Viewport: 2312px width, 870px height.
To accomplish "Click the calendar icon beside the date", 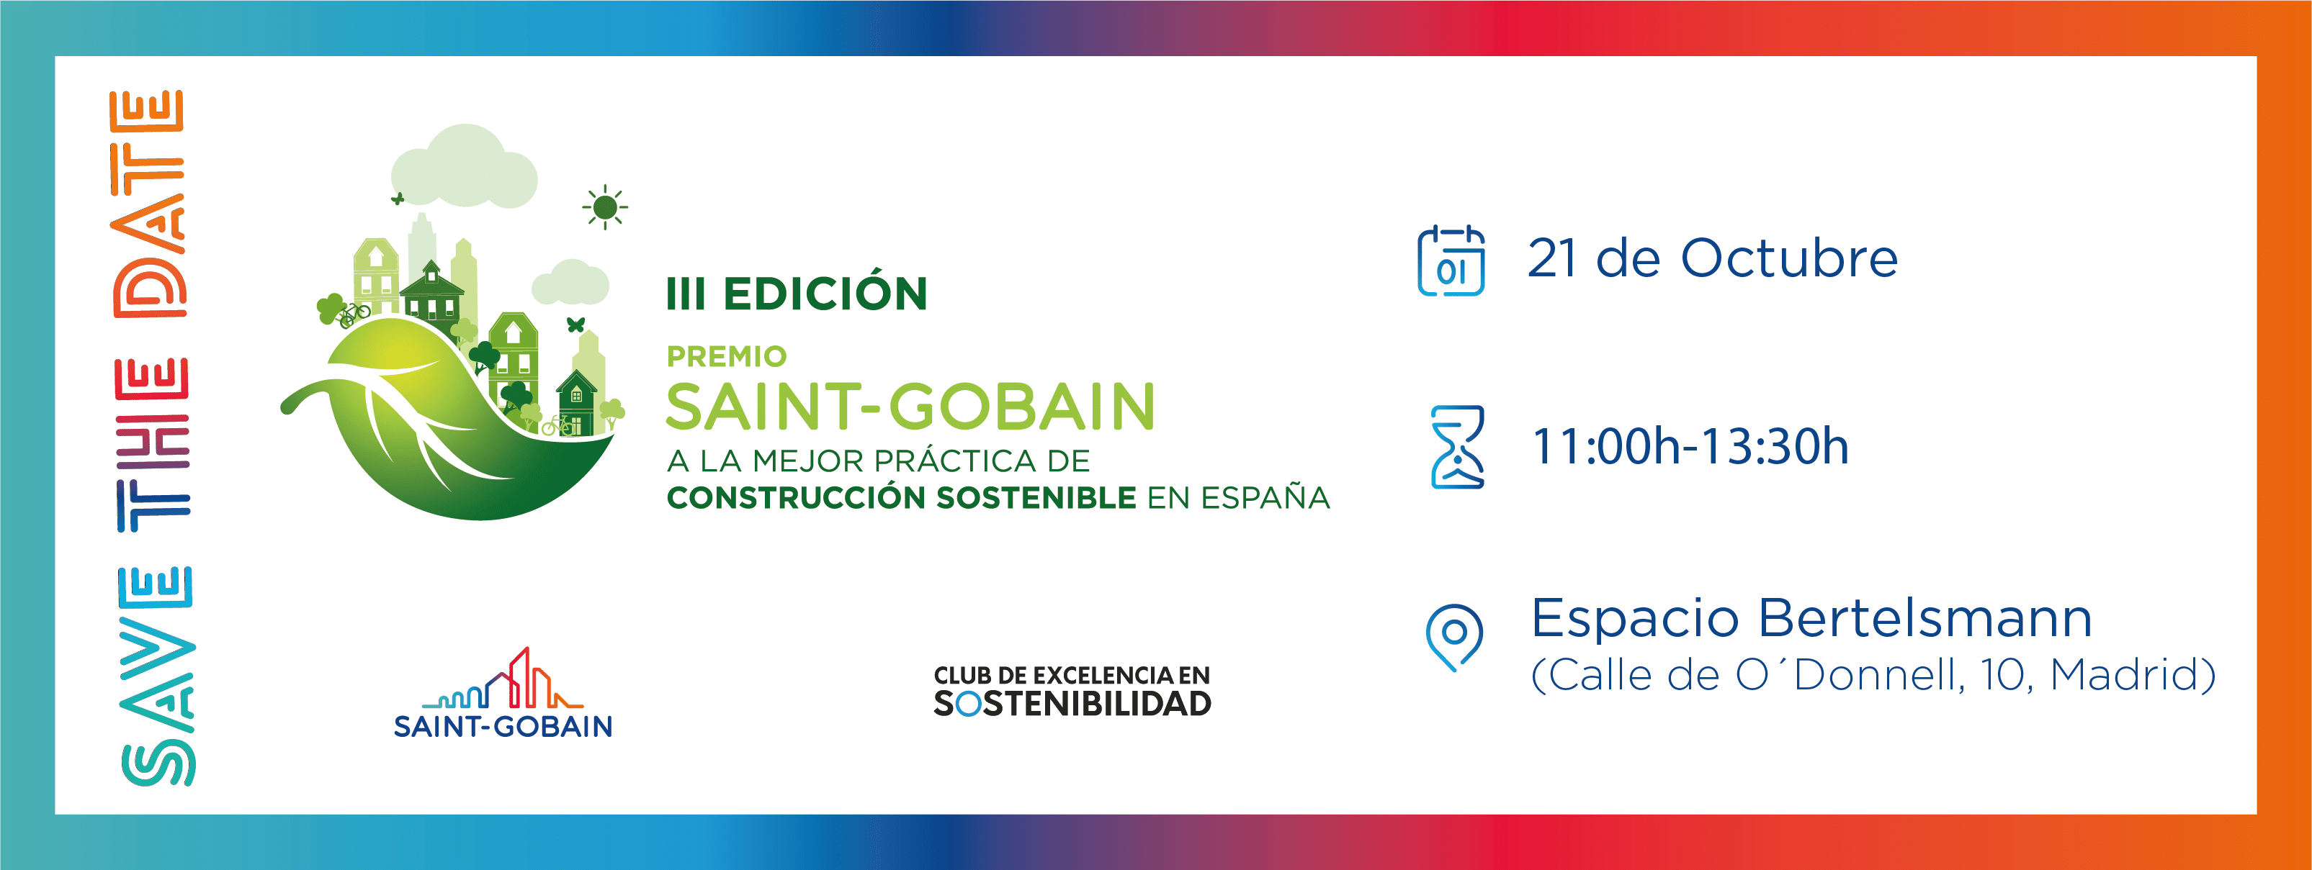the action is [x=1451, y=261].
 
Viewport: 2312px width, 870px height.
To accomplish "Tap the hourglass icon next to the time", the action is [x=1456, y=447].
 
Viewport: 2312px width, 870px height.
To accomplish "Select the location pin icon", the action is [x=1454, y=638].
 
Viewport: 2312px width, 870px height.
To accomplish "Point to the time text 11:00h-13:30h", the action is [x=1690, y=447].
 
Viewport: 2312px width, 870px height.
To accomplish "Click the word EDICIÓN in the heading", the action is [x=825, y=294].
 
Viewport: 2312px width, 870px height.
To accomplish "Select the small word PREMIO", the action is [x=726, y=357].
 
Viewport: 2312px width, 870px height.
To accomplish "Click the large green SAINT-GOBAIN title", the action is [x=910, y=407].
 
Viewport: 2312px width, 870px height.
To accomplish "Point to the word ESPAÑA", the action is [x=1265, y=497].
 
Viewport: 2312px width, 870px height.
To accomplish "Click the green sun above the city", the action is [x=605, y=207].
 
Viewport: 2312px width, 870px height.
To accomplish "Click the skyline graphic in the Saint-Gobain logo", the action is [x=503, y=679].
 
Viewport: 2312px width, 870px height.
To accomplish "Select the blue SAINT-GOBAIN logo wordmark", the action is [x=503, y=725].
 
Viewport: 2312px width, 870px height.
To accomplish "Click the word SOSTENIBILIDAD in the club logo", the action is [x=1072, y=704].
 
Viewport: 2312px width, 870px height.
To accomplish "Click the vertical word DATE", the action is [x=148, y=204].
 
